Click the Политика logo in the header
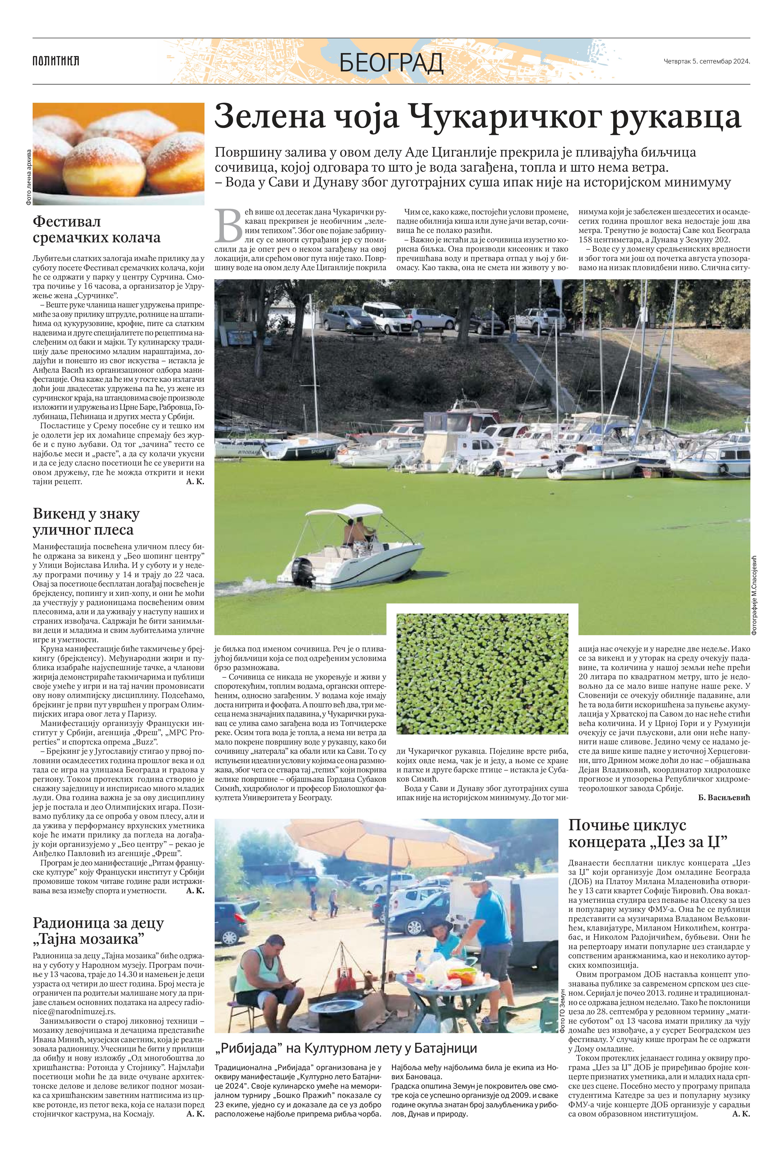pyautogui.click(x=56, y=61)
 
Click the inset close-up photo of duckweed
pyautogui.click(x=482, y=673)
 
